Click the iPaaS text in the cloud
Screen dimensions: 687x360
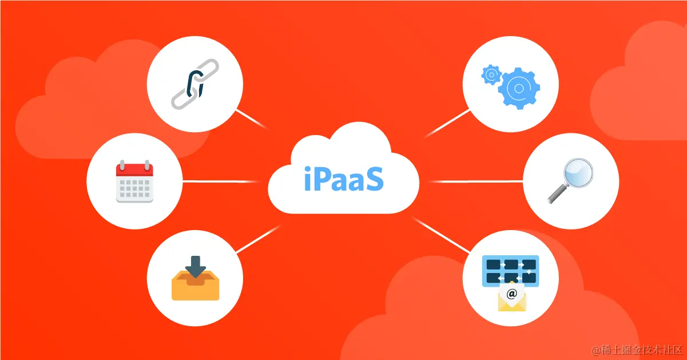pos(343,179)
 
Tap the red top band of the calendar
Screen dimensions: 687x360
pos(134,169)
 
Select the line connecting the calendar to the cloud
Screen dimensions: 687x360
pos(223,181)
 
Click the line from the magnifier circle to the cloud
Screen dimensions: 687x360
pos(475,181)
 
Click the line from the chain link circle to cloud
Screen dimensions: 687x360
pos(252,119)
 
